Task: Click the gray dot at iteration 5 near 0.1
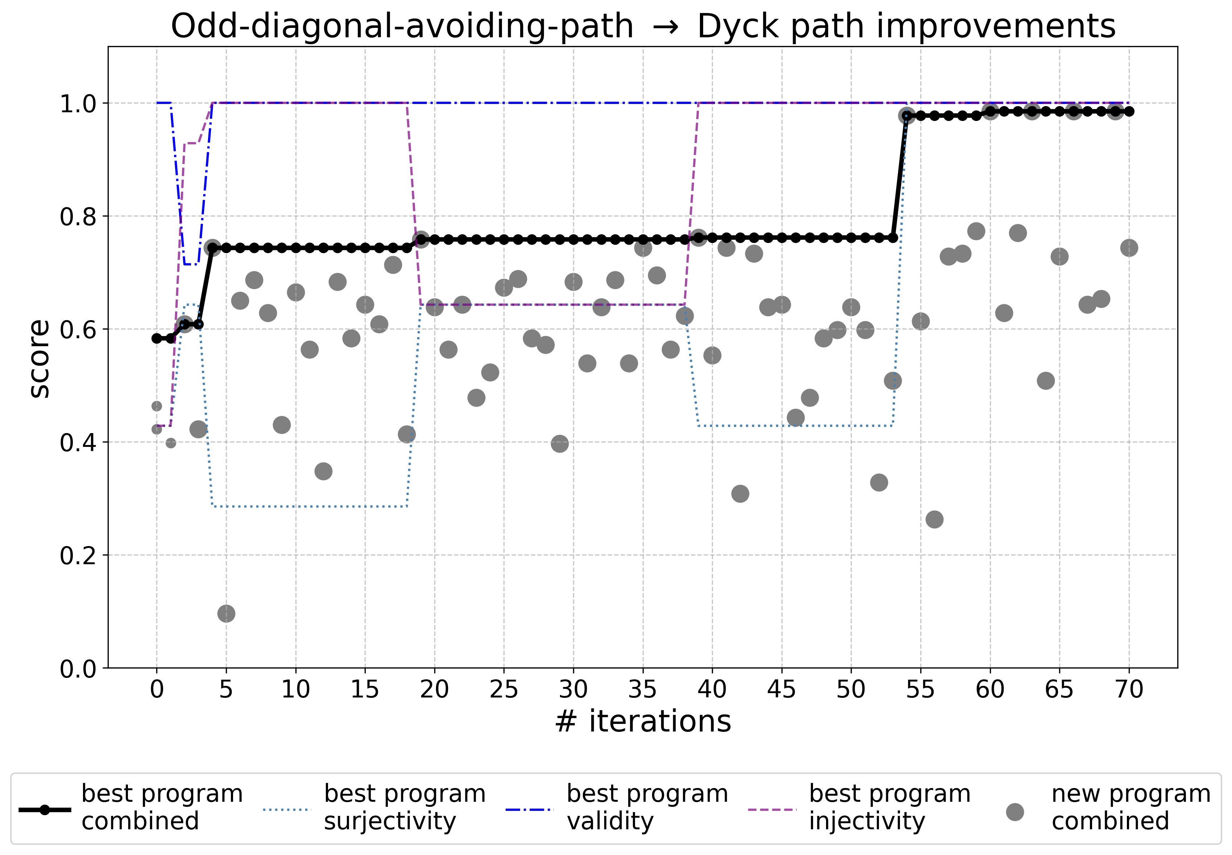[x=226, y=613]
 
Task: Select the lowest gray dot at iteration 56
[x=934, y=519]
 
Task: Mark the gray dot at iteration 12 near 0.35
[x=323, y=471]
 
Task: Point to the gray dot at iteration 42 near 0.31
[x=740, y=493]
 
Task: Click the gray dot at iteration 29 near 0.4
[x=559, y=444]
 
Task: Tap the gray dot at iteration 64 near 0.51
[x=1045, y=381]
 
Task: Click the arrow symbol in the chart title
[x=665, y=27]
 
